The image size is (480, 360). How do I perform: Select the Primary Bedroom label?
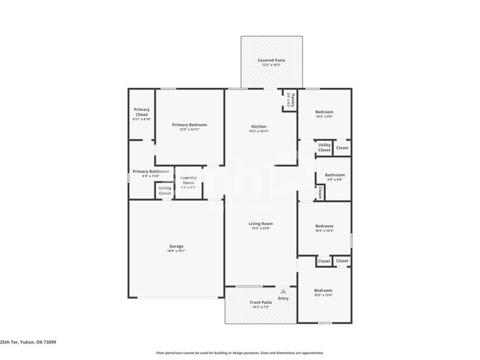coord(189,126)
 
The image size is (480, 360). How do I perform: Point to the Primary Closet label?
coord(141,114)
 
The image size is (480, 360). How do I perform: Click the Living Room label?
coord(261,225)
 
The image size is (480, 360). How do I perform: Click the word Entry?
coord(284,298)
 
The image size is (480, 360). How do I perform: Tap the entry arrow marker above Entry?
coord(284,291)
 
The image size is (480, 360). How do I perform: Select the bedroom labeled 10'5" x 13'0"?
coord(323,292)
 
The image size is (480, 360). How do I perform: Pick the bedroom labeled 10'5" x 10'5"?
coord(323,228)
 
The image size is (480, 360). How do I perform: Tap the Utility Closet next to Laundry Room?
coord(165,190)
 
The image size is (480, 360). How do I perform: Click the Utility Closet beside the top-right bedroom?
coord(324,148)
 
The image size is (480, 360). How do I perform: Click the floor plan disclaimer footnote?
coord(239,353)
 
